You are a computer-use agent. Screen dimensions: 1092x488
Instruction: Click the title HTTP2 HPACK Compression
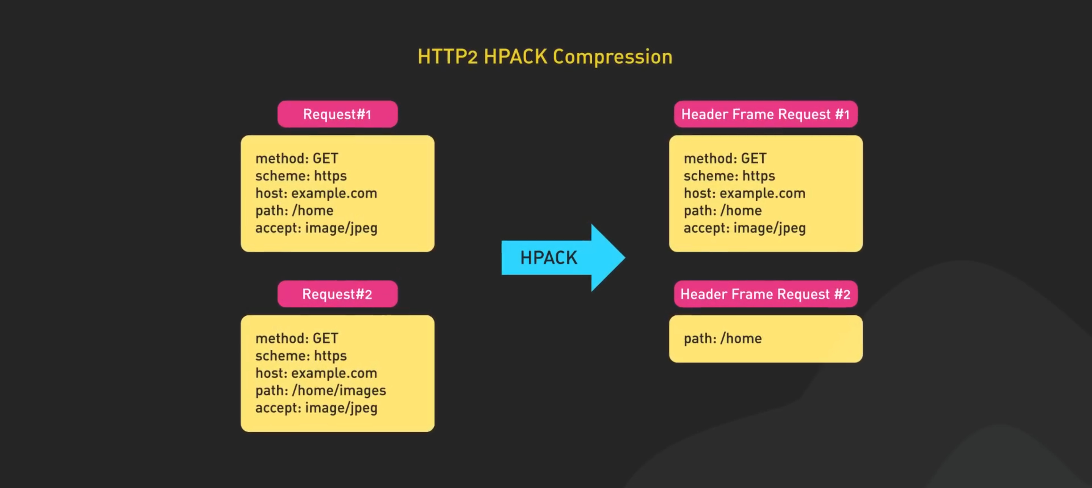545,57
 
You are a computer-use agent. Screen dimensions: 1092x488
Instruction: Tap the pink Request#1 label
337,114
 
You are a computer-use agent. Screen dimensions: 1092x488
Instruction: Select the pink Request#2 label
337,294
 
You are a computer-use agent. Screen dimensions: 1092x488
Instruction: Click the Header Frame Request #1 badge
766,114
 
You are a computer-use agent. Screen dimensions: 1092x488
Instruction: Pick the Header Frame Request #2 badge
766,294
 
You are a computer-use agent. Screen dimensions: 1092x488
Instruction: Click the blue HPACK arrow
563,258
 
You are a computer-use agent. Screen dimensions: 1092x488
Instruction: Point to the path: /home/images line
320,390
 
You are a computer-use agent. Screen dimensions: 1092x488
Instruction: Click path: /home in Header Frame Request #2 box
723,338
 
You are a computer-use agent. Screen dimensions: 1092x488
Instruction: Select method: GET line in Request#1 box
297,158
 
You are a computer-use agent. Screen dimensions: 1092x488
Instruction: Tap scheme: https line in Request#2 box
301,356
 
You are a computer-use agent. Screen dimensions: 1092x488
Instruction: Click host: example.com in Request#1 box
316,193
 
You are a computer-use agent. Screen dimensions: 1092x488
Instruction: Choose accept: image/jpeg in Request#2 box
316,408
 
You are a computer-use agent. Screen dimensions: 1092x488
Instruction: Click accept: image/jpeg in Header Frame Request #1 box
745,228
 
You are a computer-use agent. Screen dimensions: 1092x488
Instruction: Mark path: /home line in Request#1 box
294,211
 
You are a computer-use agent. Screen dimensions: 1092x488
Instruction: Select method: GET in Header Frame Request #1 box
725,158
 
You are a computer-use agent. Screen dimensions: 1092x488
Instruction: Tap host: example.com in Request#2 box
316,373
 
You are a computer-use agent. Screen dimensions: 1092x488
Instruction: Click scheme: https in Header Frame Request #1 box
730,176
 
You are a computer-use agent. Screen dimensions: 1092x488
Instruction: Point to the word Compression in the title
613,57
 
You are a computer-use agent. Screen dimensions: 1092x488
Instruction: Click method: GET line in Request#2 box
297,338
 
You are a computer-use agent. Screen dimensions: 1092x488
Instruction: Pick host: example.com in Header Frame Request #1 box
745,193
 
